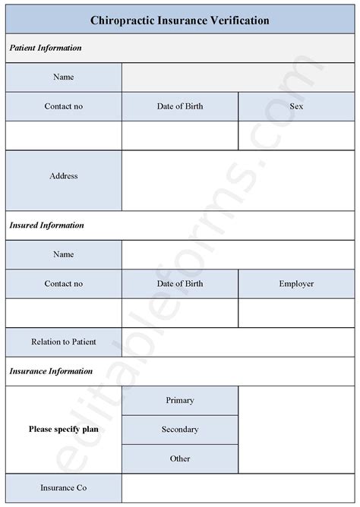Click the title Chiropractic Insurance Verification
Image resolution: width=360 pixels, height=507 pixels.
coord(179,20)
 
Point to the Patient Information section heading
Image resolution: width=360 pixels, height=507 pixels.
coord(46,48)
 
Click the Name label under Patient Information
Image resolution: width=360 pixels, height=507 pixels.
coord(63,77)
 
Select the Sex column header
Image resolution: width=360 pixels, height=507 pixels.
coord(296,106)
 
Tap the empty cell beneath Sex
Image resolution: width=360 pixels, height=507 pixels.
coord(296,135)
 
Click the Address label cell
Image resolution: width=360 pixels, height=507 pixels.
coord(63,176)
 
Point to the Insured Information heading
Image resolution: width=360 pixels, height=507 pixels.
coord(46,225)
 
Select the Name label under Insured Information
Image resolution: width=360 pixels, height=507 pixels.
coord(63,254)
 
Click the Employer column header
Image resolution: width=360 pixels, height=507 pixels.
coord(296,284)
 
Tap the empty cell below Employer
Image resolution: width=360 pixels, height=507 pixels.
coord(296,313)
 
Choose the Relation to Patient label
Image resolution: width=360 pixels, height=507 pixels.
coord(63,342)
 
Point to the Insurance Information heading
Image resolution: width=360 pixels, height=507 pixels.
coord(50,371)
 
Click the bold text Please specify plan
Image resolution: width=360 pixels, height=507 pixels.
coord(63,430)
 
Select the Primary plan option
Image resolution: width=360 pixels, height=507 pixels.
coord(180,400)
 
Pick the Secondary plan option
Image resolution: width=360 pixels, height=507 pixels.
coord(180,430)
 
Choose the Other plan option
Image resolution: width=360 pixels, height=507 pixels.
coord(180,458)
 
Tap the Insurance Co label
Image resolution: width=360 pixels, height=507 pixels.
coord(63,487)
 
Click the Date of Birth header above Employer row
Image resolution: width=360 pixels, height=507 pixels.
coord(180,284)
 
